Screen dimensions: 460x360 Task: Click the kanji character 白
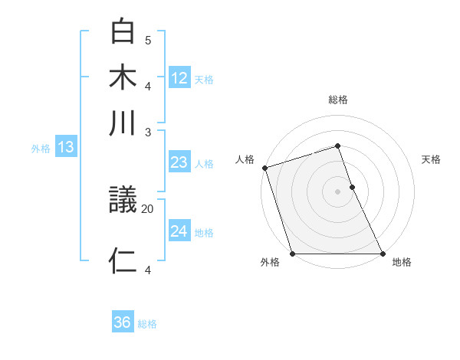(123, 31)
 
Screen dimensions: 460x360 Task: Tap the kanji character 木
(123, 78)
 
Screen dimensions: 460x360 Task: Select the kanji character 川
(123, 123)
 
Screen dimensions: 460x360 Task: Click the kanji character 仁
(123, 260)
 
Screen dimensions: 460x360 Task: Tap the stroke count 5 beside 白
(148, 40)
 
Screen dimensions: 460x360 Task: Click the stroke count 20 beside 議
(148, 208)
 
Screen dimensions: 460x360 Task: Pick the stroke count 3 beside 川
(148, 132)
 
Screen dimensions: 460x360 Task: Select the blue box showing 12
(179, 77)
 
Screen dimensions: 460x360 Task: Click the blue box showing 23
(179, 162)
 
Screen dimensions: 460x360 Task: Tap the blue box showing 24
(179, 231)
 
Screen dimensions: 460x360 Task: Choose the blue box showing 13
(65, 147)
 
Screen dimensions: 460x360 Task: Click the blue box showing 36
(122, 322)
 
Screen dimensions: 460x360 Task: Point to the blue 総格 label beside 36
(147, 324)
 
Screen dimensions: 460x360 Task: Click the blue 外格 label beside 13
(41, 149)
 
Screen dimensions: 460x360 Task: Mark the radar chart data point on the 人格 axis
(264, 168)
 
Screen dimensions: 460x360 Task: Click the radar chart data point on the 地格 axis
(383, 254)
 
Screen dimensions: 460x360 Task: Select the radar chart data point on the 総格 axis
(337, 146)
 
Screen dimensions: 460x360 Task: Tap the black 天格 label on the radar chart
(431, 159)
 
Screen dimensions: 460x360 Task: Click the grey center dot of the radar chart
(337, 191)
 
